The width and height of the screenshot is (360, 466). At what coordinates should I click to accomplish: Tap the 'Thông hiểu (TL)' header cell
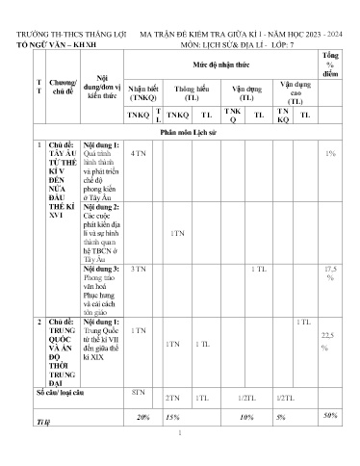(193, 92)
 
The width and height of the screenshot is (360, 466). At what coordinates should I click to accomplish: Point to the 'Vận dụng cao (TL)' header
(295, 91)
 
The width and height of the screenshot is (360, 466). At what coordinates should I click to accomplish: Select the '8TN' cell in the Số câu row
(138, 392)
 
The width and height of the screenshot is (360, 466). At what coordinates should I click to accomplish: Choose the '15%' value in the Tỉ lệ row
(172, 417)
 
